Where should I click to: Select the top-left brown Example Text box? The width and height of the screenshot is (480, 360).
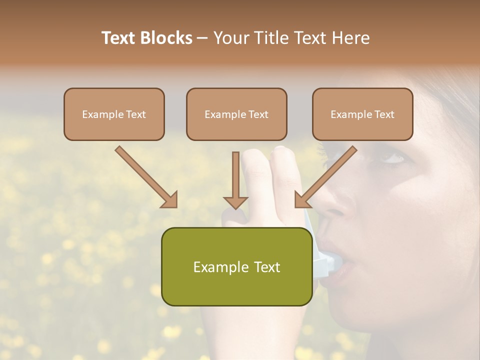[x=114, y=114]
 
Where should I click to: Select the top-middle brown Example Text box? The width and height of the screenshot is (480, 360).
[x=236, y=114]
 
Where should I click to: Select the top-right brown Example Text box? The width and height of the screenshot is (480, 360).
[x=362, y=114]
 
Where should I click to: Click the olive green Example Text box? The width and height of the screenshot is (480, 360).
[x=236, y=266]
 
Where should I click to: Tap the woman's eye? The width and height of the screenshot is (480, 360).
[x=393, y=159]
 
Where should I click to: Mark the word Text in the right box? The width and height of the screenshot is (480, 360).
[x=384, y=114]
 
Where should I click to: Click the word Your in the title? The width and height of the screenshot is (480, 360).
[x=228, y=38]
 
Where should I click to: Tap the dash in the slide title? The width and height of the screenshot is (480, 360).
[x=202, y=38]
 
